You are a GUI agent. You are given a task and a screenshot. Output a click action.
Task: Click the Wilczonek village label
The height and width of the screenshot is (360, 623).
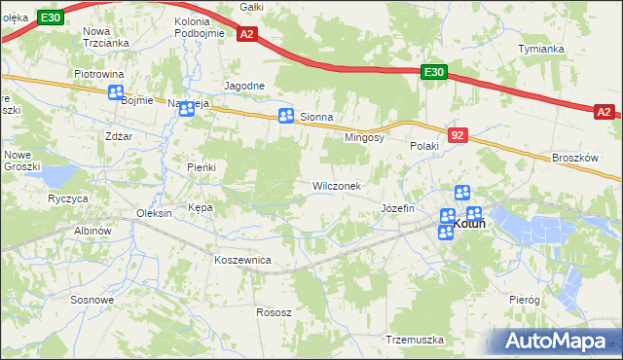(x=336, y=186)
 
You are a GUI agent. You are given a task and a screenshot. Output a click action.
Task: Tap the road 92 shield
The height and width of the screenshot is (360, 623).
(x=458, y=132)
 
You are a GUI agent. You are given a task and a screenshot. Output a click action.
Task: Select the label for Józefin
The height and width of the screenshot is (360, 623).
(x=397, y=208)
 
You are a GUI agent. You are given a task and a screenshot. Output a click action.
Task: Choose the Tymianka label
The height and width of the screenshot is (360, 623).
(x=541, y=49)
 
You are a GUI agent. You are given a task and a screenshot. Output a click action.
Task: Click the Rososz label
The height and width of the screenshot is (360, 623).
(x=274, y=312)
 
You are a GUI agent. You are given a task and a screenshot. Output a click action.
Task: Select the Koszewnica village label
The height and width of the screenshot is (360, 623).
(x=242, y=260)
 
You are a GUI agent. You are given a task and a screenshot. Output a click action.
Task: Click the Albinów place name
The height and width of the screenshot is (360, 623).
(x=95, y=231)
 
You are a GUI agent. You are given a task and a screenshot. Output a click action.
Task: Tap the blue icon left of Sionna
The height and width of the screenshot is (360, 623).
(x=286, y=117)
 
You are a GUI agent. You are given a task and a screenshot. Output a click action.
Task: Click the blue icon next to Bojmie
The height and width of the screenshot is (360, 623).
(x=116, y=93)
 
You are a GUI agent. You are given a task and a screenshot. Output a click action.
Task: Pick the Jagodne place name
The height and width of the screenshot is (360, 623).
(x=244, y=86)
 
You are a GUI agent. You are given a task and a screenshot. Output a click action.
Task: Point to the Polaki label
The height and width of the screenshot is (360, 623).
(x=424, y=146)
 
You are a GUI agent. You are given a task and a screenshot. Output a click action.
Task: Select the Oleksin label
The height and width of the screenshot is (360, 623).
(x=155, y=213)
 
